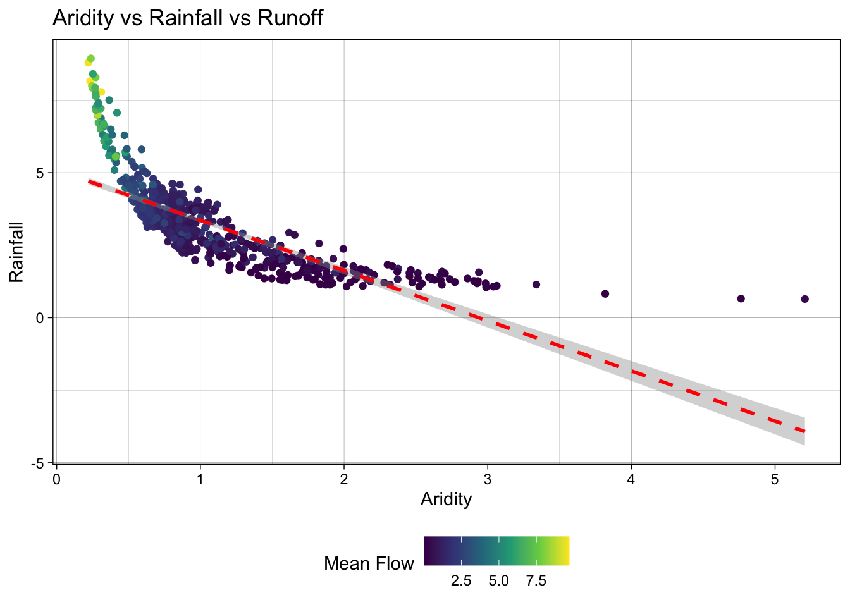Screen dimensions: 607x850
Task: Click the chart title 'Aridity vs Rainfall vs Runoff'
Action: point(188,18)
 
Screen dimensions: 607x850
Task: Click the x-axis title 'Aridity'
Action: point(446,500)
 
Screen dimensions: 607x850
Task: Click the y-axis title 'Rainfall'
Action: point(16,252)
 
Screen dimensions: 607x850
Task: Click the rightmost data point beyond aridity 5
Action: point(804,299)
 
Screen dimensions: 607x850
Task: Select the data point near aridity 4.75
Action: point(741,298)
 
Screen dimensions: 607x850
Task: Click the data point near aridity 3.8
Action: point(605,294)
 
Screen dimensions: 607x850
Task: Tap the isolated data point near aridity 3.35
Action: point(536,285)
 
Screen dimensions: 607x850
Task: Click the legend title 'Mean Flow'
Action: point(369,563)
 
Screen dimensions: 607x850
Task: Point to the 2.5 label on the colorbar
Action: point(461,581)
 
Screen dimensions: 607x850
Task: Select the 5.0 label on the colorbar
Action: point(498,581)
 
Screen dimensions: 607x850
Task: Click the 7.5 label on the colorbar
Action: point(536,581)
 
